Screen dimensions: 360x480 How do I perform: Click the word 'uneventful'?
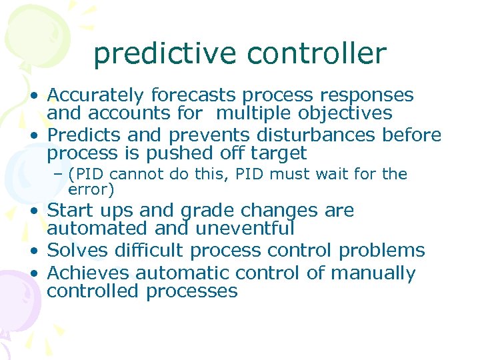click(245, 229)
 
